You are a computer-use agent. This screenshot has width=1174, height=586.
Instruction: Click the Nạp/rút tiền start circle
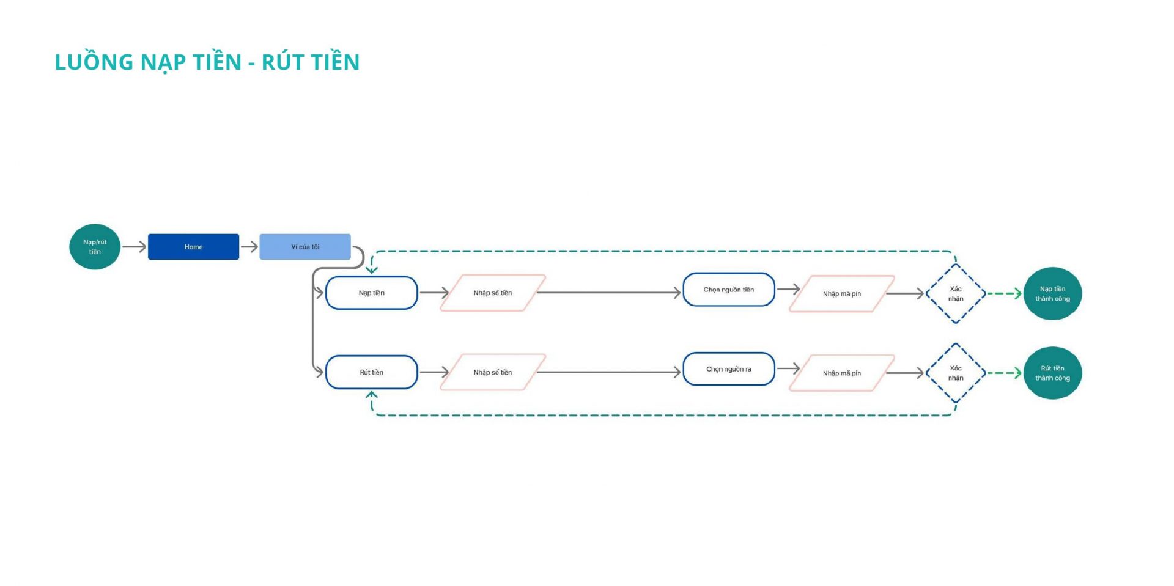(x=95, y=247)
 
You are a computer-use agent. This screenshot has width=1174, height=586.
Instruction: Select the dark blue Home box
(x=193, y=247)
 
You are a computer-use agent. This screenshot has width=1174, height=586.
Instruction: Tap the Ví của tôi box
(x=305, y=247)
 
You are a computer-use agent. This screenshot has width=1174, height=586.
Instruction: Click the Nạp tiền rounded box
(x=372, y=293)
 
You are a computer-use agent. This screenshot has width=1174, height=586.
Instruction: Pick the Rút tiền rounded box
(x=372, y=372)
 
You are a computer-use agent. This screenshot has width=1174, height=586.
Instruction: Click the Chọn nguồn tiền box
(x=729, y=290)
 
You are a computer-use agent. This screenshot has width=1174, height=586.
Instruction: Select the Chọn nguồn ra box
(x=729, y=369)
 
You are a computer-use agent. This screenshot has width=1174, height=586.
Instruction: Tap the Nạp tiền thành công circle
(x=1053, y=294)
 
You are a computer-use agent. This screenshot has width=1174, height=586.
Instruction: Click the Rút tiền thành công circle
(x=1053, y=373)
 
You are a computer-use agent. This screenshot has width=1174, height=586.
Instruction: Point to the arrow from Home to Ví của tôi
(x=249, y=247)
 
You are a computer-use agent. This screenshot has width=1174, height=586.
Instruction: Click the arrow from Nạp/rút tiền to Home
(x=134, y=247)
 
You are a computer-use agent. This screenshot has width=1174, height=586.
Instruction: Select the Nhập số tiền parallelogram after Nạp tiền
(x=493, y=293)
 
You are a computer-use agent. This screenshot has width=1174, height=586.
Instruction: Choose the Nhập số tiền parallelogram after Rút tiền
(x=493, y=372)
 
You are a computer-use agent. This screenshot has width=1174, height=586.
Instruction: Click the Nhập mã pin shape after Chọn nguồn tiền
(x=842, y=294)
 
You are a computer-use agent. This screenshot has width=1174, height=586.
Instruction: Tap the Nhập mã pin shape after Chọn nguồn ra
(x=842, y=373)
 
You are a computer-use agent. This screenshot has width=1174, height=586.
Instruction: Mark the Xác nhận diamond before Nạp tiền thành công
(x=956, y=294)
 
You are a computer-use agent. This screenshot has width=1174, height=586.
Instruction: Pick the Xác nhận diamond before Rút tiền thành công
(x=956, y=373)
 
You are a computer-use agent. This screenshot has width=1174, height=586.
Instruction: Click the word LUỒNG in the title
(x=94, y=62)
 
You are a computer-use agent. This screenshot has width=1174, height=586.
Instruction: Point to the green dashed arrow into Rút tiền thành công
(x=1005, y=373)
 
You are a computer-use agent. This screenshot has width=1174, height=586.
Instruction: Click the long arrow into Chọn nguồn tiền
(x=609, y=293)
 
